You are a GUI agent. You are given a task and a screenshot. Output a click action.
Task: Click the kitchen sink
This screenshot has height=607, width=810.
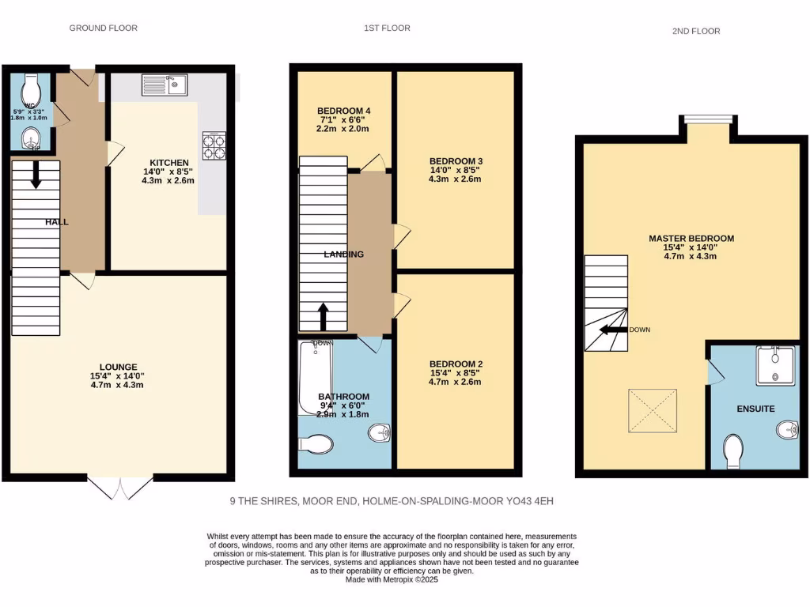tap(164, 84)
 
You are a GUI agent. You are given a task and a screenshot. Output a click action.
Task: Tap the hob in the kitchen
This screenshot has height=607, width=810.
tap(214, 145)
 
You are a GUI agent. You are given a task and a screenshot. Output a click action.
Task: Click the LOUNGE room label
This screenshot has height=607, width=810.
tap(119, 367)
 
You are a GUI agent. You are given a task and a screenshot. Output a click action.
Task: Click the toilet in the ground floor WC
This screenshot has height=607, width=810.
tap(31, 85)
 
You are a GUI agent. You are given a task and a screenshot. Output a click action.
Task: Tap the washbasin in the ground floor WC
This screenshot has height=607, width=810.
tap(31, 138)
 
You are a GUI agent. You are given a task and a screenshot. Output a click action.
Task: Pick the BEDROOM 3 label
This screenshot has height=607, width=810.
tap(455, 160)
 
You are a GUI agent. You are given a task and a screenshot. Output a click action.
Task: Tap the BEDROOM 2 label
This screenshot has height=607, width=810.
tap(455, 364)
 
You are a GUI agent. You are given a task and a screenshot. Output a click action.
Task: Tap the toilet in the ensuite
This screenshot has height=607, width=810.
tap(733, 452)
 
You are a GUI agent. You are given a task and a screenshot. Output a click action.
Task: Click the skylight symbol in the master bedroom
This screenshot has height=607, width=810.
tap(652, 411)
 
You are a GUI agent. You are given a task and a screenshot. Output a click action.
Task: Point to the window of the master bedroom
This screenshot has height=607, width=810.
tap(708, 119)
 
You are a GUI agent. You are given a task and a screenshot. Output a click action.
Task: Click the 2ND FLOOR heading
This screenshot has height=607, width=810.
tap(697, 32)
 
